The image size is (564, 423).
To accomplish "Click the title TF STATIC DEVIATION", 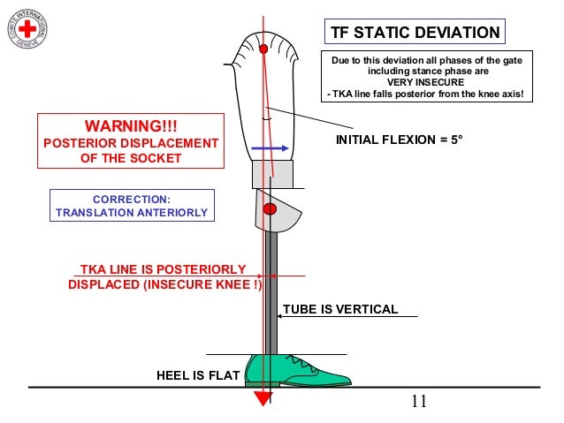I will point(414,34).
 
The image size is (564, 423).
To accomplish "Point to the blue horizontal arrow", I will point(271,148).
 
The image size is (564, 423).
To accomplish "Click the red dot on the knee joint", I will point(271,209).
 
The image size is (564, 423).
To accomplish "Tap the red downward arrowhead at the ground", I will point(263,399).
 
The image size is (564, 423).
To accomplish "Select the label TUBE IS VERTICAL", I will point(339,309).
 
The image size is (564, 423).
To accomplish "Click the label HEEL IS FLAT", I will point(198,375).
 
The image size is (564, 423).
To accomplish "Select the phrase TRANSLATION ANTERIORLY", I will point(131,213).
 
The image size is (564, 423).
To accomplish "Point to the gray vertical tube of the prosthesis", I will point(273,291).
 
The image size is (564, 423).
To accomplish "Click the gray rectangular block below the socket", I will point(271,173).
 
